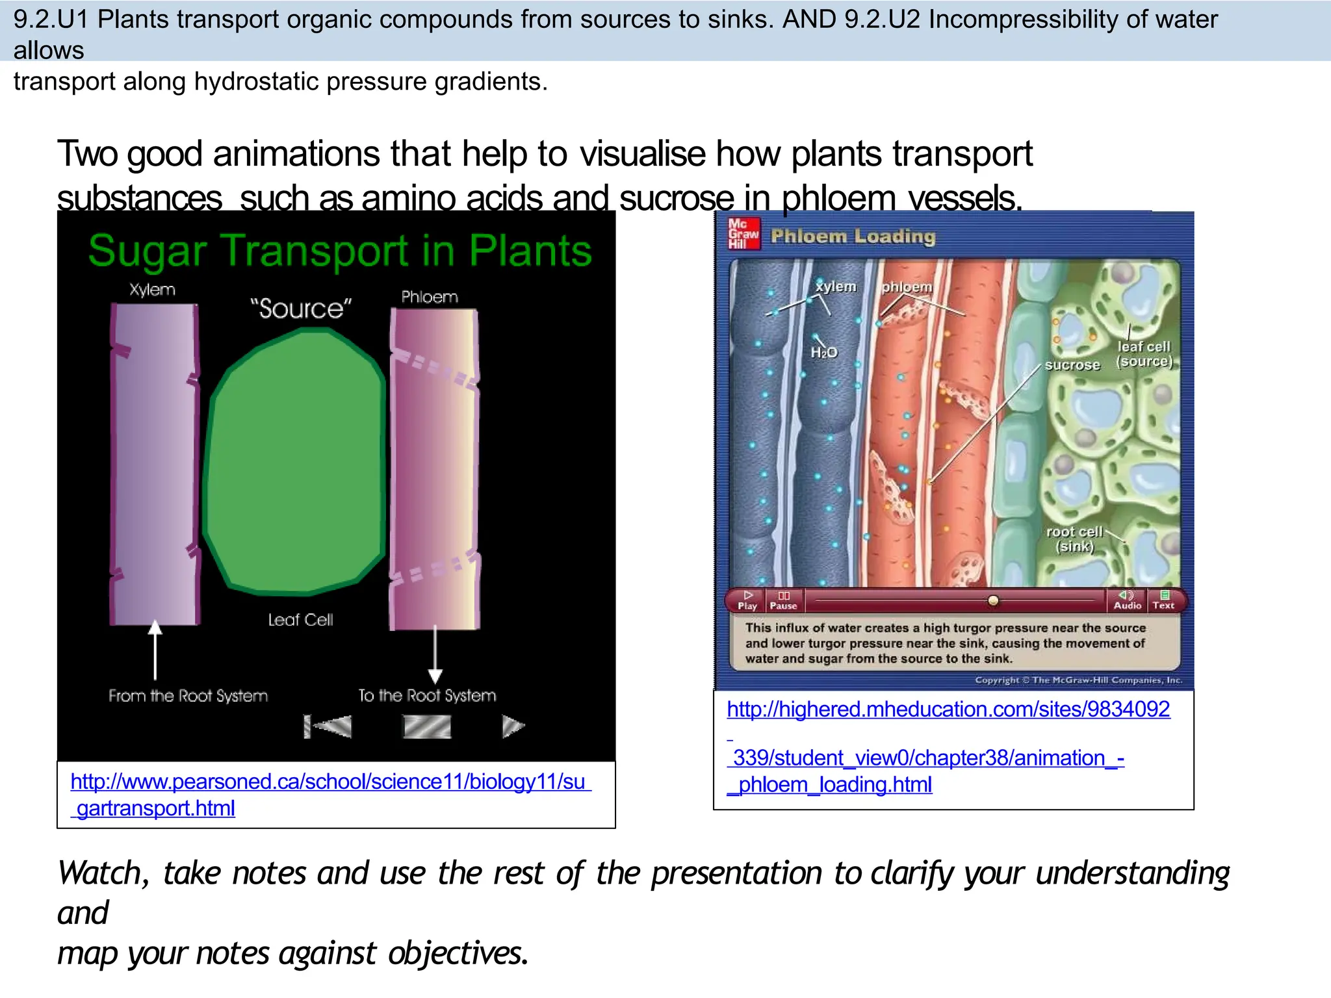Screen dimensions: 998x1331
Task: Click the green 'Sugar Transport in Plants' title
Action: coord(340,251)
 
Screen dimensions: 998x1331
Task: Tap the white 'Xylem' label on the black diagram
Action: coord(152,290)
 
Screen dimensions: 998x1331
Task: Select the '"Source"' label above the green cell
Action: coord(301,309)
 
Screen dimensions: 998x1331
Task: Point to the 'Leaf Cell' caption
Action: coord(300,620)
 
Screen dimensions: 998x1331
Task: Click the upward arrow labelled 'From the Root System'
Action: coord(155,650)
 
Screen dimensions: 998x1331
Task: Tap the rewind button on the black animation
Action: coord(328,726)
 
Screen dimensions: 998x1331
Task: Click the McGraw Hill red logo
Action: coord(743,234)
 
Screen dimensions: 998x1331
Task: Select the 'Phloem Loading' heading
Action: coord(853,237)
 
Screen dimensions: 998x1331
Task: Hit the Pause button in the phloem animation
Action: coord(783,600)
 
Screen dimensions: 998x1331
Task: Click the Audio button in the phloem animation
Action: coord(1127,600)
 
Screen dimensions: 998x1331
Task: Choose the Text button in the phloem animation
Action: coord(1163,600)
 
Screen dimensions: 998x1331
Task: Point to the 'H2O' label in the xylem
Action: coord(823,353)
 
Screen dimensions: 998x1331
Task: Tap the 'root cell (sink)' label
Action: coord(1074,539)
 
